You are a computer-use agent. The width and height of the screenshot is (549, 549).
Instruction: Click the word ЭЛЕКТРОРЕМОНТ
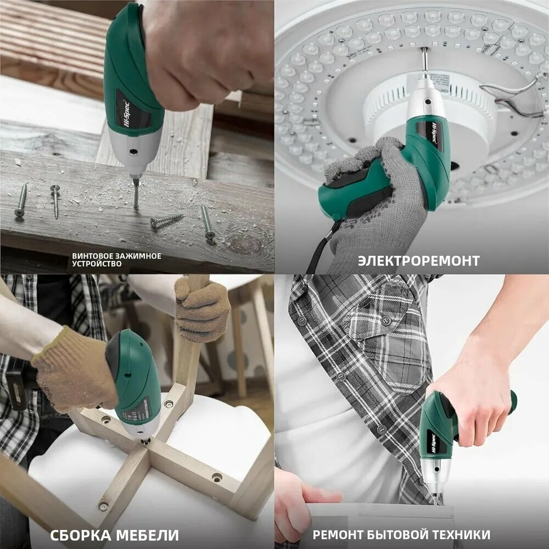(x=418, y=261)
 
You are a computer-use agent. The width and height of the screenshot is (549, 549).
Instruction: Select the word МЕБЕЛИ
(x=147, y=535)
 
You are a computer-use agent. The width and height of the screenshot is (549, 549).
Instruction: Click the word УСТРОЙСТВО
(x=97, y=264)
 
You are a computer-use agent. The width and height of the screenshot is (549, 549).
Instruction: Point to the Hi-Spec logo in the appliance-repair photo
(x=435, y=442)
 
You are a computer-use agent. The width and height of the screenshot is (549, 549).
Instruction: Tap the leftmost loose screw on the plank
(x=21, y=200)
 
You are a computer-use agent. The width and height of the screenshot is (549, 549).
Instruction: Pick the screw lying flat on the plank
(x=166, y=220)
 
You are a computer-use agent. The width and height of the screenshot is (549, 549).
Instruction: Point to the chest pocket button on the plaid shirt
(x=386, y=321)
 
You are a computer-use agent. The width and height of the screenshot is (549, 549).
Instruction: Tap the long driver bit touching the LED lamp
(x=424, y=63)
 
